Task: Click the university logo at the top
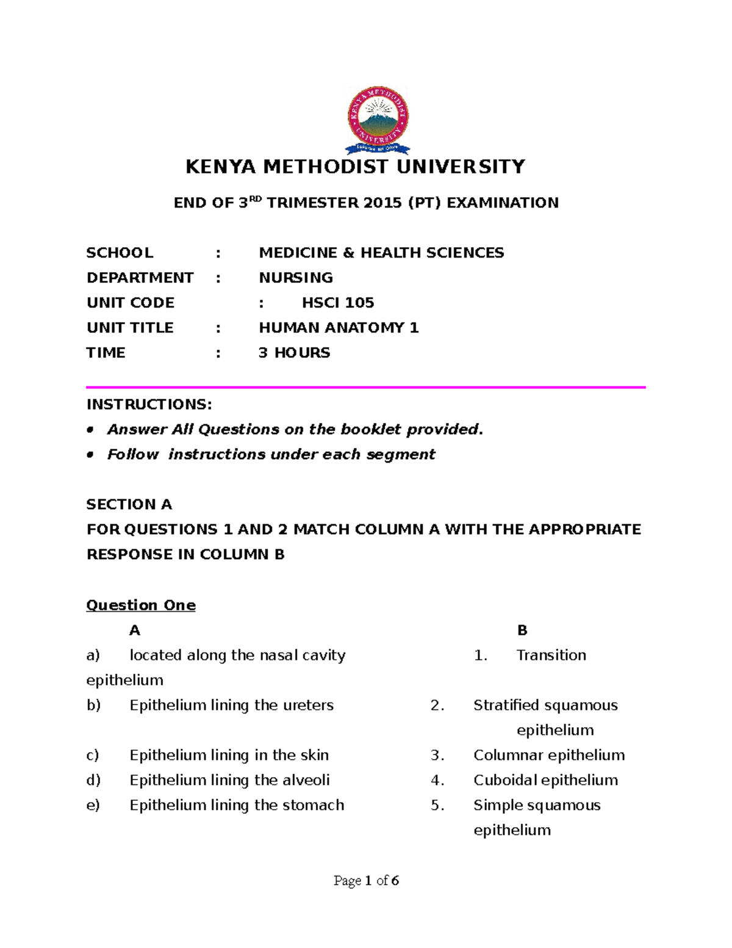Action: (378, 120)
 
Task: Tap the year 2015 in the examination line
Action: (382, 203)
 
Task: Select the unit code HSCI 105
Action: (338, 303)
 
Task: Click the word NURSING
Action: (296, 278)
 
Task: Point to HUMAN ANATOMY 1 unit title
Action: (339, 328)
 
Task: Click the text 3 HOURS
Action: (294, 353)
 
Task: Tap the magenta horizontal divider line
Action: (366, 387)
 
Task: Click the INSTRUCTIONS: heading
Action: (149, 405)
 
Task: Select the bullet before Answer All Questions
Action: (90, 430)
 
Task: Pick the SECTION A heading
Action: (129, 505)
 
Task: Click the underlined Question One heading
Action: (141, 606)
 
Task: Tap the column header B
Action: (522, 631)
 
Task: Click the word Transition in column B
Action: (551, 656)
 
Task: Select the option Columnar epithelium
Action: (549, 756)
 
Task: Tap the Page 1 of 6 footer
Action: (366, 881)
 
